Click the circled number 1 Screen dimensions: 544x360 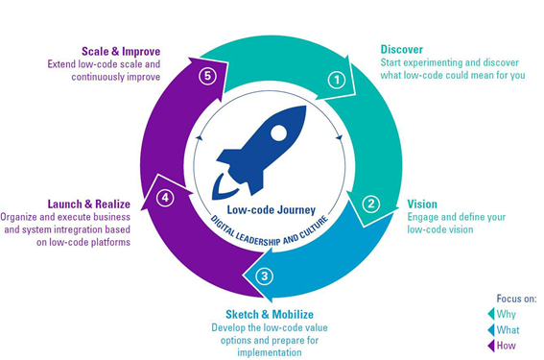(337, 81)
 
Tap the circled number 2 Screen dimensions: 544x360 (371, 204)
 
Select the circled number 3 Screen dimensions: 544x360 (265, 276)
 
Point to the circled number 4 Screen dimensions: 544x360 (165, 198)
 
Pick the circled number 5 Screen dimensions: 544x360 (207, 76)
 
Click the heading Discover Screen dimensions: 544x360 (401, 50)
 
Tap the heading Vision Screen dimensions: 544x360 (422, 204)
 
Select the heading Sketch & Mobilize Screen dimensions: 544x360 (270, 315)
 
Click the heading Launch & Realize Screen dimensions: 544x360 (89, 204)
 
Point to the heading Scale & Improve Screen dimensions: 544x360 (121, 52)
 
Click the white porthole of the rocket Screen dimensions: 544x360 (278, 133)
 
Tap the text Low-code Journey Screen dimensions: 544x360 (271, 210)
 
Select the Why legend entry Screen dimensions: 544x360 (502, 314)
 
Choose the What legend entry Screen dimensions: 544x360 (504, 330)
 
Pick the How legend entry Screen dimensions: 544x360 (502, 346)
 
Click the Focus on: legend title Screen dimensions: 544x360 (516, 299)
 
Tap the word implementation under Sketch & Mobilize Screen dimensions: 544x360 (270, 352)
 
